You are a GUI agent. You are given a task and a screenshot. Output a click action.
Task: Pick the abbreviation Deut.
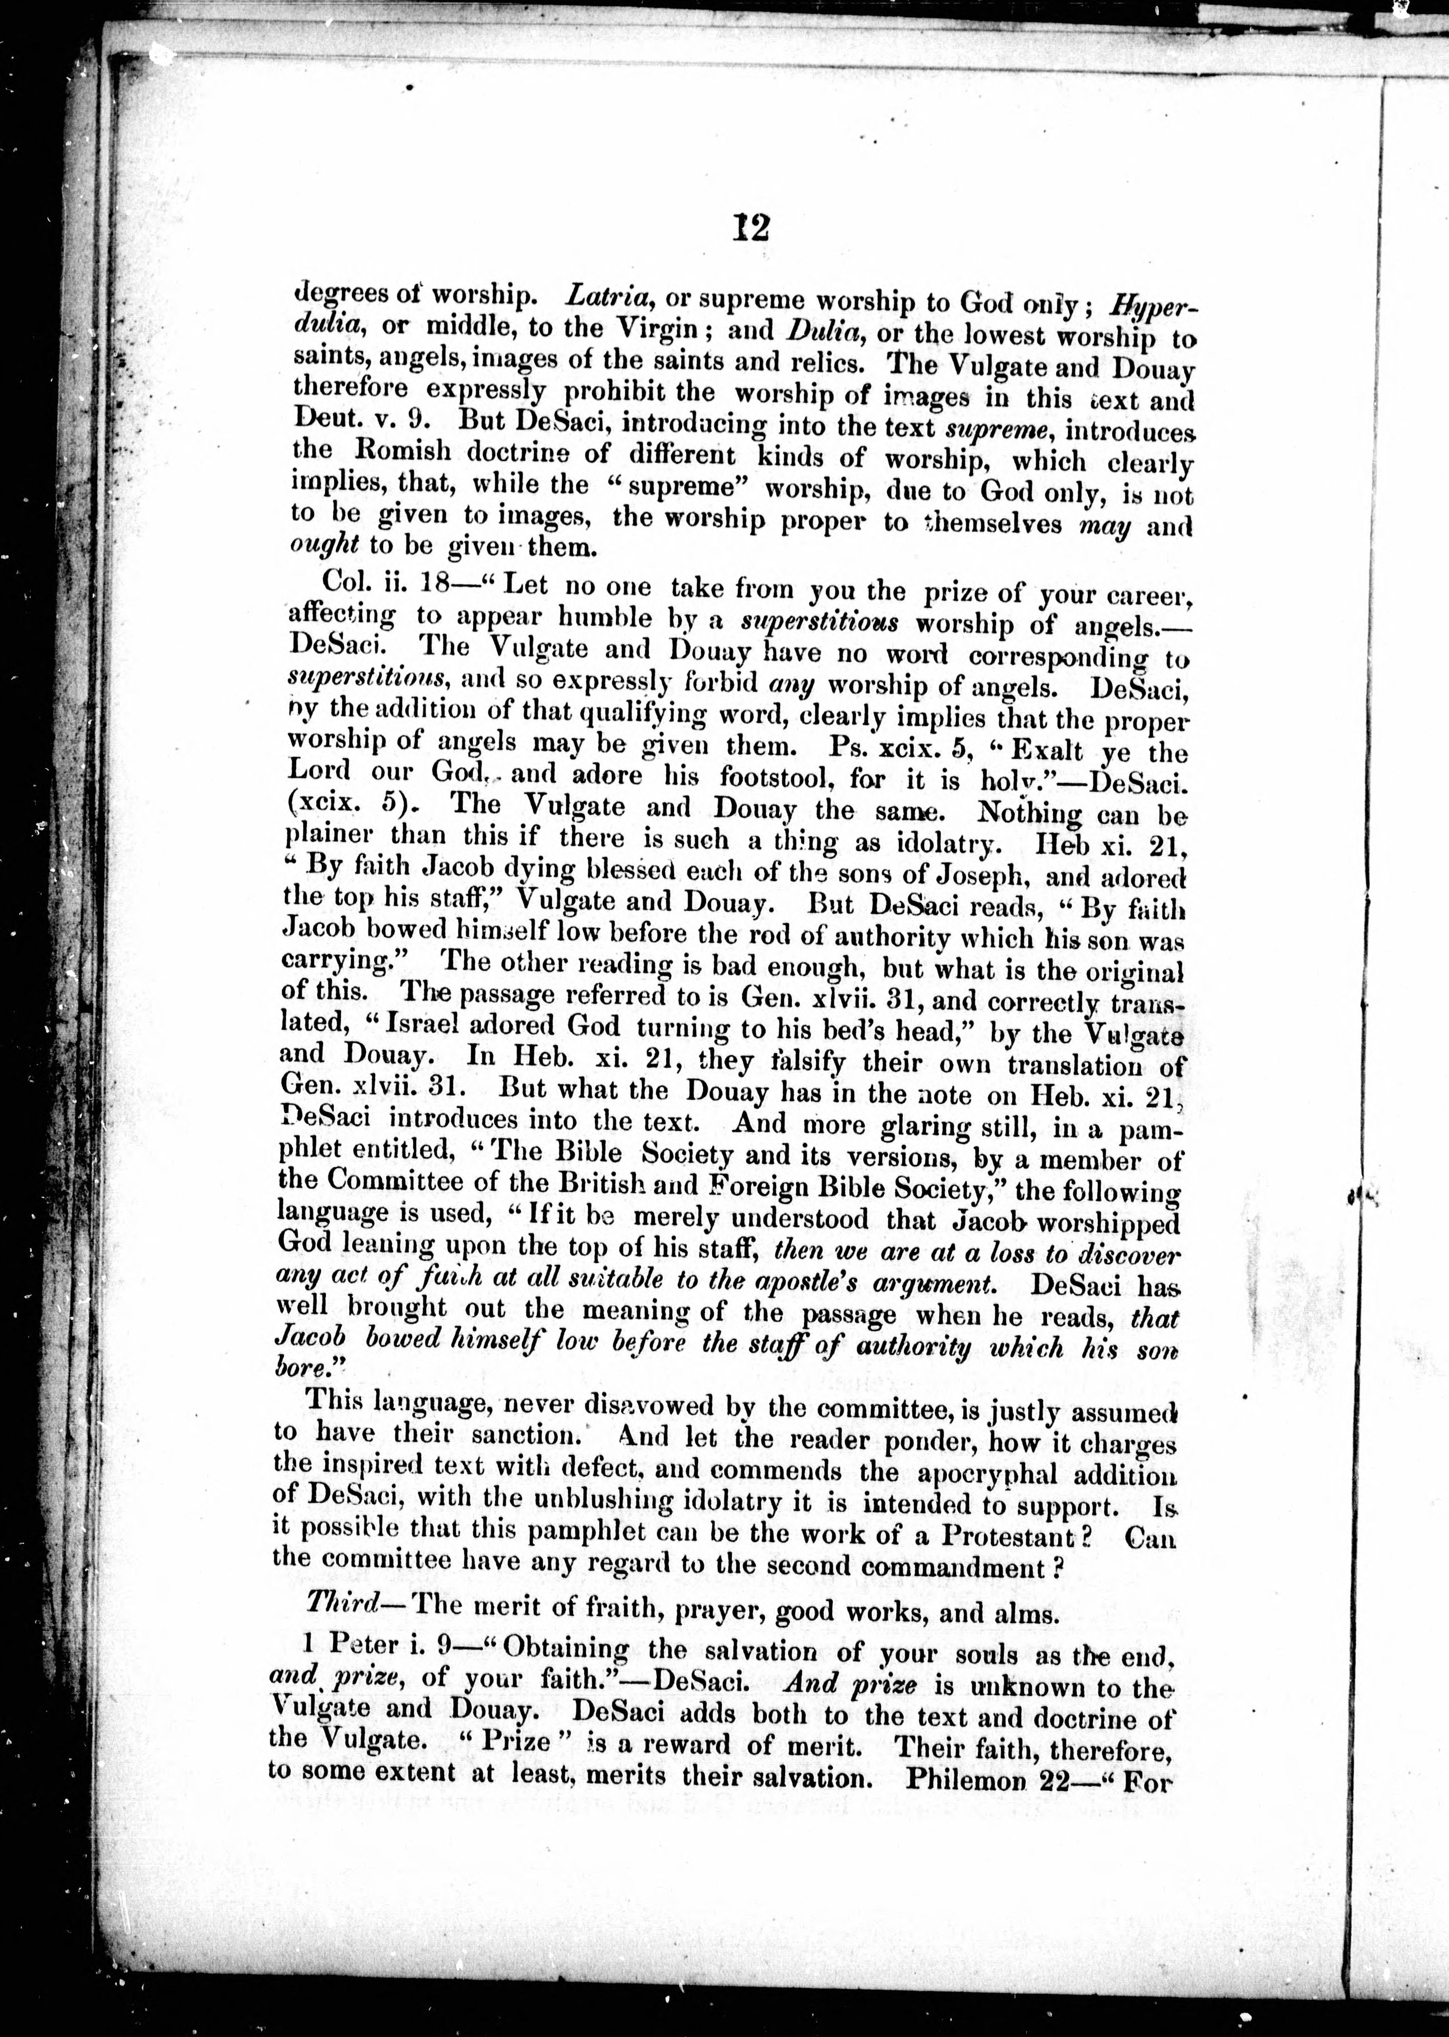(x=321, y=422)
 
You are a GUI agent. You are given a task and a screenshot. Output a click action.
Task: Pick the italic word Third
(x=340, y=1604)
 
